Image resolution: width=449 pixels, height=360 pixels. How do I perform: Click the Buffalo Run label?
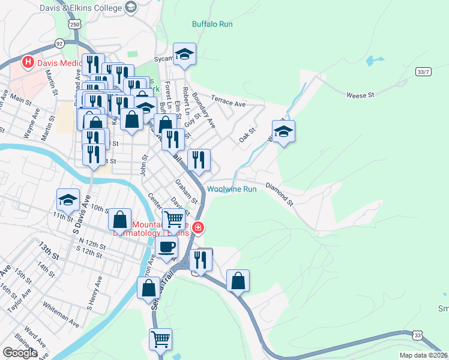coord(212,25)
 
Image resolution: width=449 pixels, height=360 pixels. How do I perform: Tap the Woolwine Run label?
coord(232,189)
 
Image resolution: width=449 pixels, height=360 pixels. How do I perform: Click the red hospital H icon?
coord(27,62)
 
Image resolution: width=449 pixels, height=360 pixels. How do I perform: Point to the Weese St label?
coord(360,95)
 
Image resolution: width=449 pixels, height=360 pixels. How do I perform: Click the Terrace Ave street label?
coord(228,104)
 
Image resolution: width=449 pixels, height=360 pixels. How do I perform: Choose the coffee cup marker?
coord(166,246)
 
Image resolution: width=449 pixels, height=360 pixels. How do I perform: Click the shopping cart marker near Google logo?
coord(160,340)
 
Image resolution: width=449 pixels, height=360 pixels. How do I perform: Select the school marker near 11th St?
coord(68,200)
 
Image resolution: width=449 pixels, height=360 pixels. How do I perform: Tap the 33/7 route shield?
coord(423,72)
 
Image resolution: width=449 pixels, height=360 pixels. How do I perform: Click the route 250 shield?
coord(74,25)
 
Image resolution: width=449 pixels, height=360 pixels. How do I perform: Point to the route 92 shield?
coord(59,43)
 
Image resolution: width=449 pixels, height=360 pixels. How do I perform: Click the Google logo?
coord(20,353)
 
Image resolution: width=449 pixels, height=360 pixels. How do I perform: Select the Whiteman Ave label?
coord(60,314)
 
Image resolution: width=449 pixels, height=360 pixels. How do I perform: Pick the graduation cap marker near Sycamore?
coord(185,55)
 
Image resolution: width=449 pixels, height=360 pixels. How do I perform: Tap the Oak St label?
coord(247,134)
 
